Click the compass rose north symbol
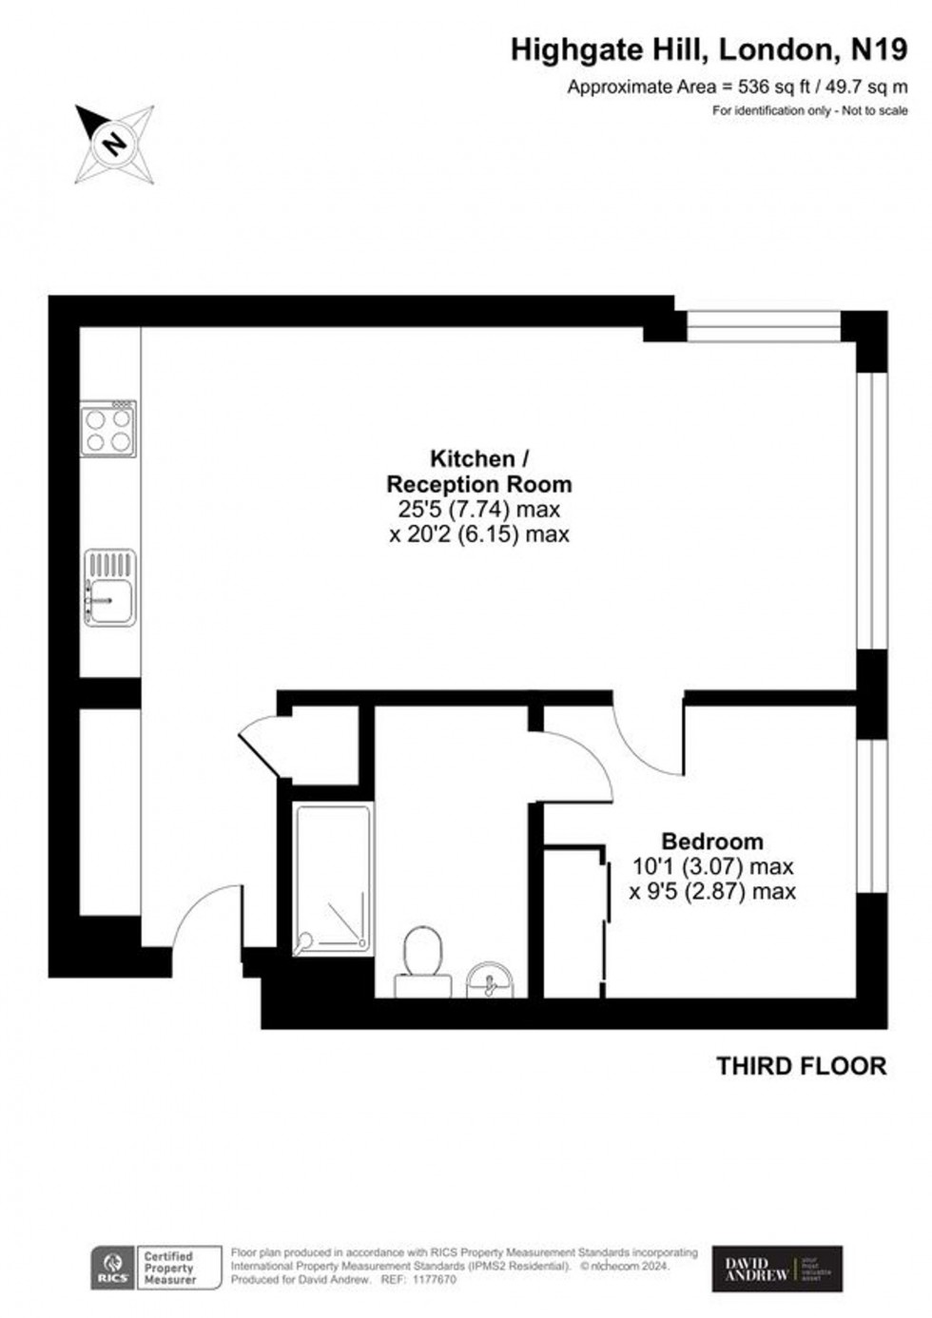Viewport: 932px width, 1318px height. (x=115, y=145)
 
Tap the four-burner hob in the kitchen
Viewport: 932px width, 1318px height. (x=108, y=429)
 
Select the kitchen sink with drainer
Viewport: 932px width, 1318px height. (x=110, y=588)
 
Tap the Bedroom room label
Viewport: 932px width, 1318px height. (x=712, y=842)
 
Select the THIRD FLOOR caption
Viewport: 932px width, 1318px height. (x=801, y=1066)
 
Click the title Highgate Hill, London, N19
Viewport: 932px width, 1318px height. (x=709, y=49)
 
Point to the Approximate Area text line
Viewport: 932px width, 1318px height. (x=737, y=87)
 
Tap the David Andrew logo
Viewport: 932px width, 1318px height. (x=777, y=1269)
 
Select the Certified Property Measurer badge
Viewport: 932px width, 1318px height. (x=168, y=1269)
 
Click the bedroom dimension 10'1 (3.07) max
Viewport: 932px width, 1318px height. (x=712, y=866)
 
